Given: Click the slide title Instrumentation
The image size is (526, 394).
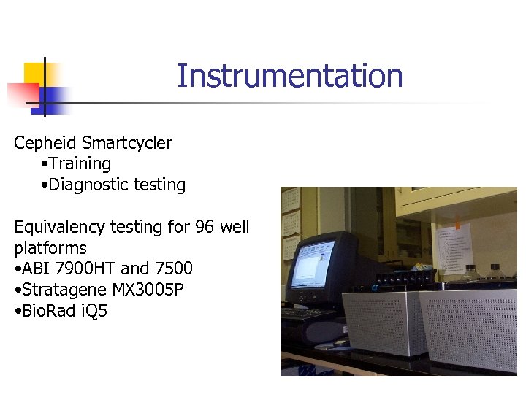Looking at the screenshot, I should tap(289, 76).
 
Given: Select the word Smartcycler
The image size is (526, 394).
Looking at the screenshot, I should tap(127, 143).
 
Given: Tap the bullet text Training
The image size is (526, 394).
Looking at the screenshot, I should tap(80, 164).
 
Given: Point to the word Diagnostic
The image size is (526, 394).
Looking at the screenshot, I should tap(86, 185).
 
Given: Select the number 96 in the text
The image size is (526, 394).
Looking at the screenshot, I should tap(205, 227).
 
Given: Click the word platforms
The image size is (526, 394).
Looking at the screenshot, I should tap(50, 248).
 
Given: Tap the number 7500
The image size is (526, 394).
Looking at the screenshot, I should tap(172, 269).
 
